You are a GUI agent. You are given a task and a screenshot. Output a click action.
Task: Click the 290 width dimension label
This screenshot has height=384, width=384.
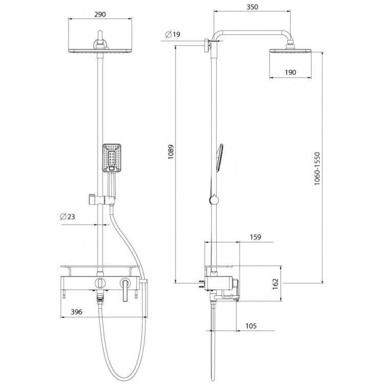[100, 14]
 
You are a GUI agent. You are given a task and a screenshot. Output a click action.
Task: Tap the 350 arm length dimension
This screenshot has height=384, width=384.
[252, 7]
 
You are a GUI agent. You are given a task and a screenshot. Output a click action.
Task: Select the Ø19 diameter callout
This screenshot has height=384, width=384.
[173, 34]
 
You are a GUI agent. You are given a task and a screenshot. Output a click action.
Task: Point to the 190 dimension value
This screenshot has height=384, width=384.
[290, 72]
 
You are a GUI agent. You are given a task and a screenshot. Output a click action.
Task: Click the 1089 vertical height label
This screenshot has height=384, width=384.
[170, 152]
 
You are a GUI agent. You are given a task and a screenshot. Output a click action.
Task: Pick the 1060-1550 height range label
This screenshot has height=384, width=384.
[317, 168]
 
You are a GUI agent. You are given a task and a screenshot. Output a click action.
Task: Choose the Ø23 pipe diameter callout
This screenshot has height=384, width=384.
[68, 217]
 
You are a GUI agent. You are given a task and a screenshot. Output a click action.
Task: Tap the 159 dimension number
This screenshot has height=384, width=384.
[255, 237]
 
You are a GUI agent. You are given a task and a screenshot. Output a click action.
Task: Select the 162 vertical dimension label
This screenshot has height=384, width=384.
[275, 284]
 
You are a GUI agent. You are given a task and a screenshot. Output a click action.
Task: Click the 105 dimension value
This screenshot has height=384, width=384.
[251, 326]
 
